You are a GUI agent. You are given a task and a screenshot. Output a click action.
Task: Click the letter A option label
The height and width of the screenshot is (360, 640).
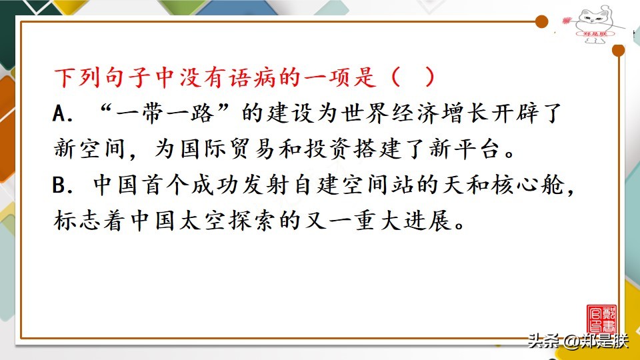pyautogui.click(x=61, y=114)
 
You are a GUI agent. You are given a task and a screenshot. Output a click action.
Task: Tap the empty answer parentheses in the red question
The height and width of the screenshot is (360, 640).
pyautogui.click(x=413, y=77)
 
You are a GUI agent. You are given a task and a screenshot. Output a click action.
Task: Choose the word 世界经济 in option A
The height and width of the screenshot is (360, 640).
pyautogui.click(x=361, y=114)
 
